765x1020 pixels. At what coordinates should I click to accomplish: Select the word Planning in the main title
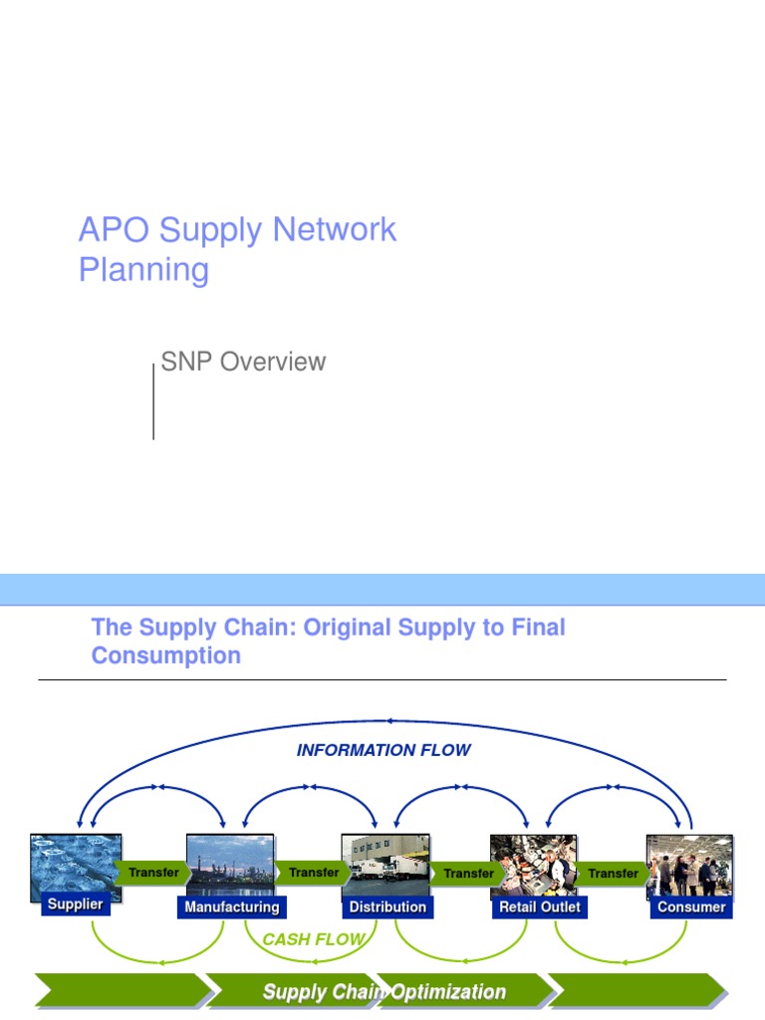pos(143,270)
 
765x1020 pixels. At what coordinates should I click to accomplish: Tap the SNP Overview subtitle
pos(243,362)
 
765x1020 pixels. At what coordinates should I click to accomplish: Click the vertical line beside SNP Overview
pos(153,401)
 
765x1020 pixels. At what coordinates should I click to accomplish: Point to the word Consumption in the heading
pos(165,656)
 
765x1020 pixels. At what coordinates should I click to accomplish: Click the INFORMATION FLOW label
pos(383,750)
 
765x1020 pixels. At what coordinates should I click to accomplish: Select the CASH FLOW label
pos(312,939)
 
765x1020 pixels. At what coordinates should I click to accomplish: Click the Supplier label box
pos(76,904)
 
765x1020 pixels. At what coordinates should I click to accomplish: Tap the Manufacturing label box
pos(232,907)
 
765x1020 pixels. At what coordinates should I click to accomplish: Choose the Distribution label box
pos(387,907)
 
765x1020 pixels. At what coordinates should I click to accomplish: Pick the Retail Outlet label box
pos(540,907)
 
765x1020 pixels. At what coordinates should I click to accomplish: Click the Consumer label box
pos(691,907)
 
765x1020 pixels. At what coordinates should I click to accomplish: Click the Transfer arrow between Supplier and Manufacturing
pos(153,873)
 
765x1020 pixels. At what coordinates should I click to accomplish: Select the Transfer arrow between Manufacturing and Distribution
pos(313,873)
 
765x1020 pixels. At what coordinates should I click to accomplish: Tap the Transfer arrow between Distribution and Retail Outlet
pos(467,874)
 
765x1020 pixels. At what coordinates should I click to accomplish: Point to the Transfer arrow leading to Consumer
pos(613,874)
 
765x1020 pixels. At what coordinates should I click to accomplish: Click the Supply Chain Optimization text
pos(383,992)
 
